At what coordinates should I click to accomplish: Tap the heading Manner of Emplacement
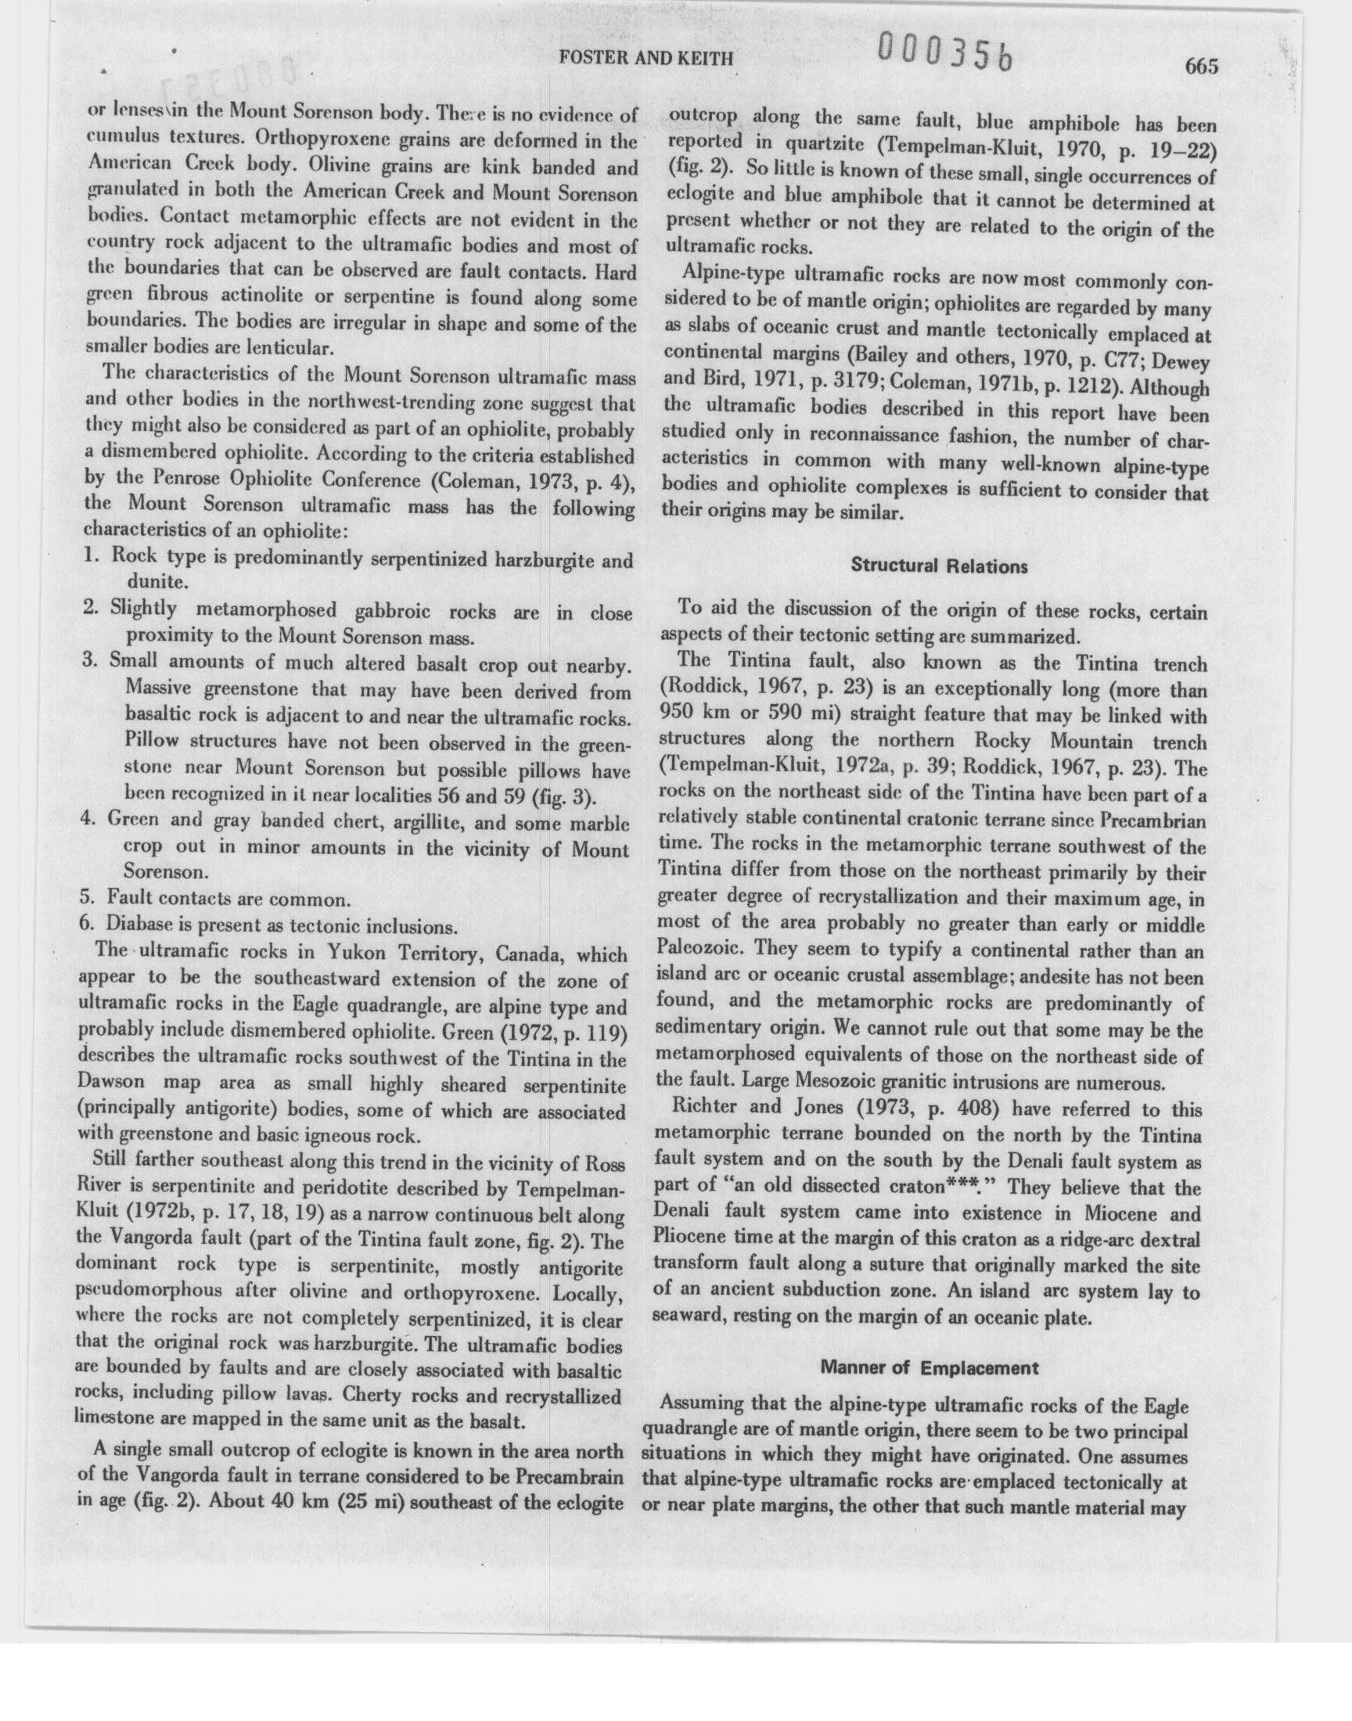[x=929, y=1367]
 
